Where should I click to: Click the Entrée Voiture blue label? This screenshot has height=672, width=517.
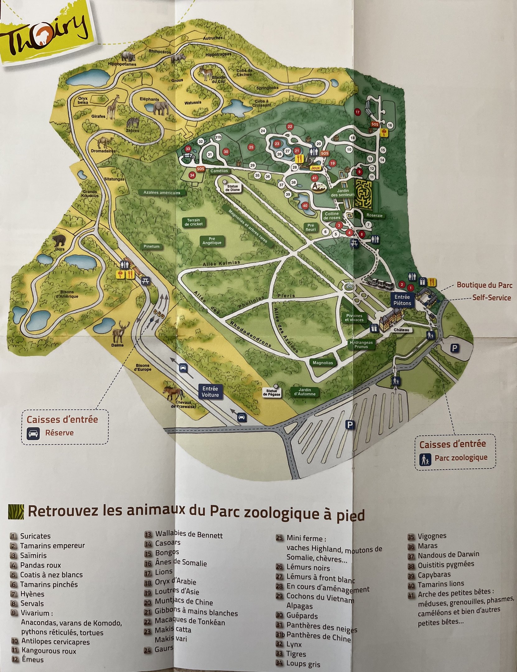[x=210, y=391]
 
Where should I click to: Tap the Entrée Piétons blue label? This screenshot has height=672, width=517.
[x=402, y=300]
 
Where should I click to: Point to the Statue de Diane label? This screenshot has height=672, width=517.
[x=232, y=188]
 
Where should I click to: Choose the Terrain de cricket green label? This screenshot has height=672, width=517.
[x=193, y=222]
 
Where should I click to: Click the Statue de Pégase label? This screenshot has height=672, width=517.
[x=272, y=394]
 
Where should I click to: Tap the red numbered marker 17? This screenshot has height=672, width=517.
[x=357, y=112]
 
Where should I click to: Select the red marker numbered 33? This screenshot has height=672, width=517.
[x=188, y=149]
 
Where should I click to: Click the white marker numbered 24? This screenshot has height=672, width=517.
[x=263, y=131]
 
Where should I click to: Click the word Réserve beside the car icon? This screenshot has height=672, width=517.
[x=59, y=433]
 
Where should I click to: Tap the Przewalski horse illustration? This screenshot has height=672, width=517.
[x=173, y=393]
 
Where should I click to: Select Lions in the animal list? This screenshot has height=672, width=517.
[x=164, y=572]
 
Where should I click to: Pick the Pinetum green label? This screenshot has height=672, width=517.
[x=151, y=246]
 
